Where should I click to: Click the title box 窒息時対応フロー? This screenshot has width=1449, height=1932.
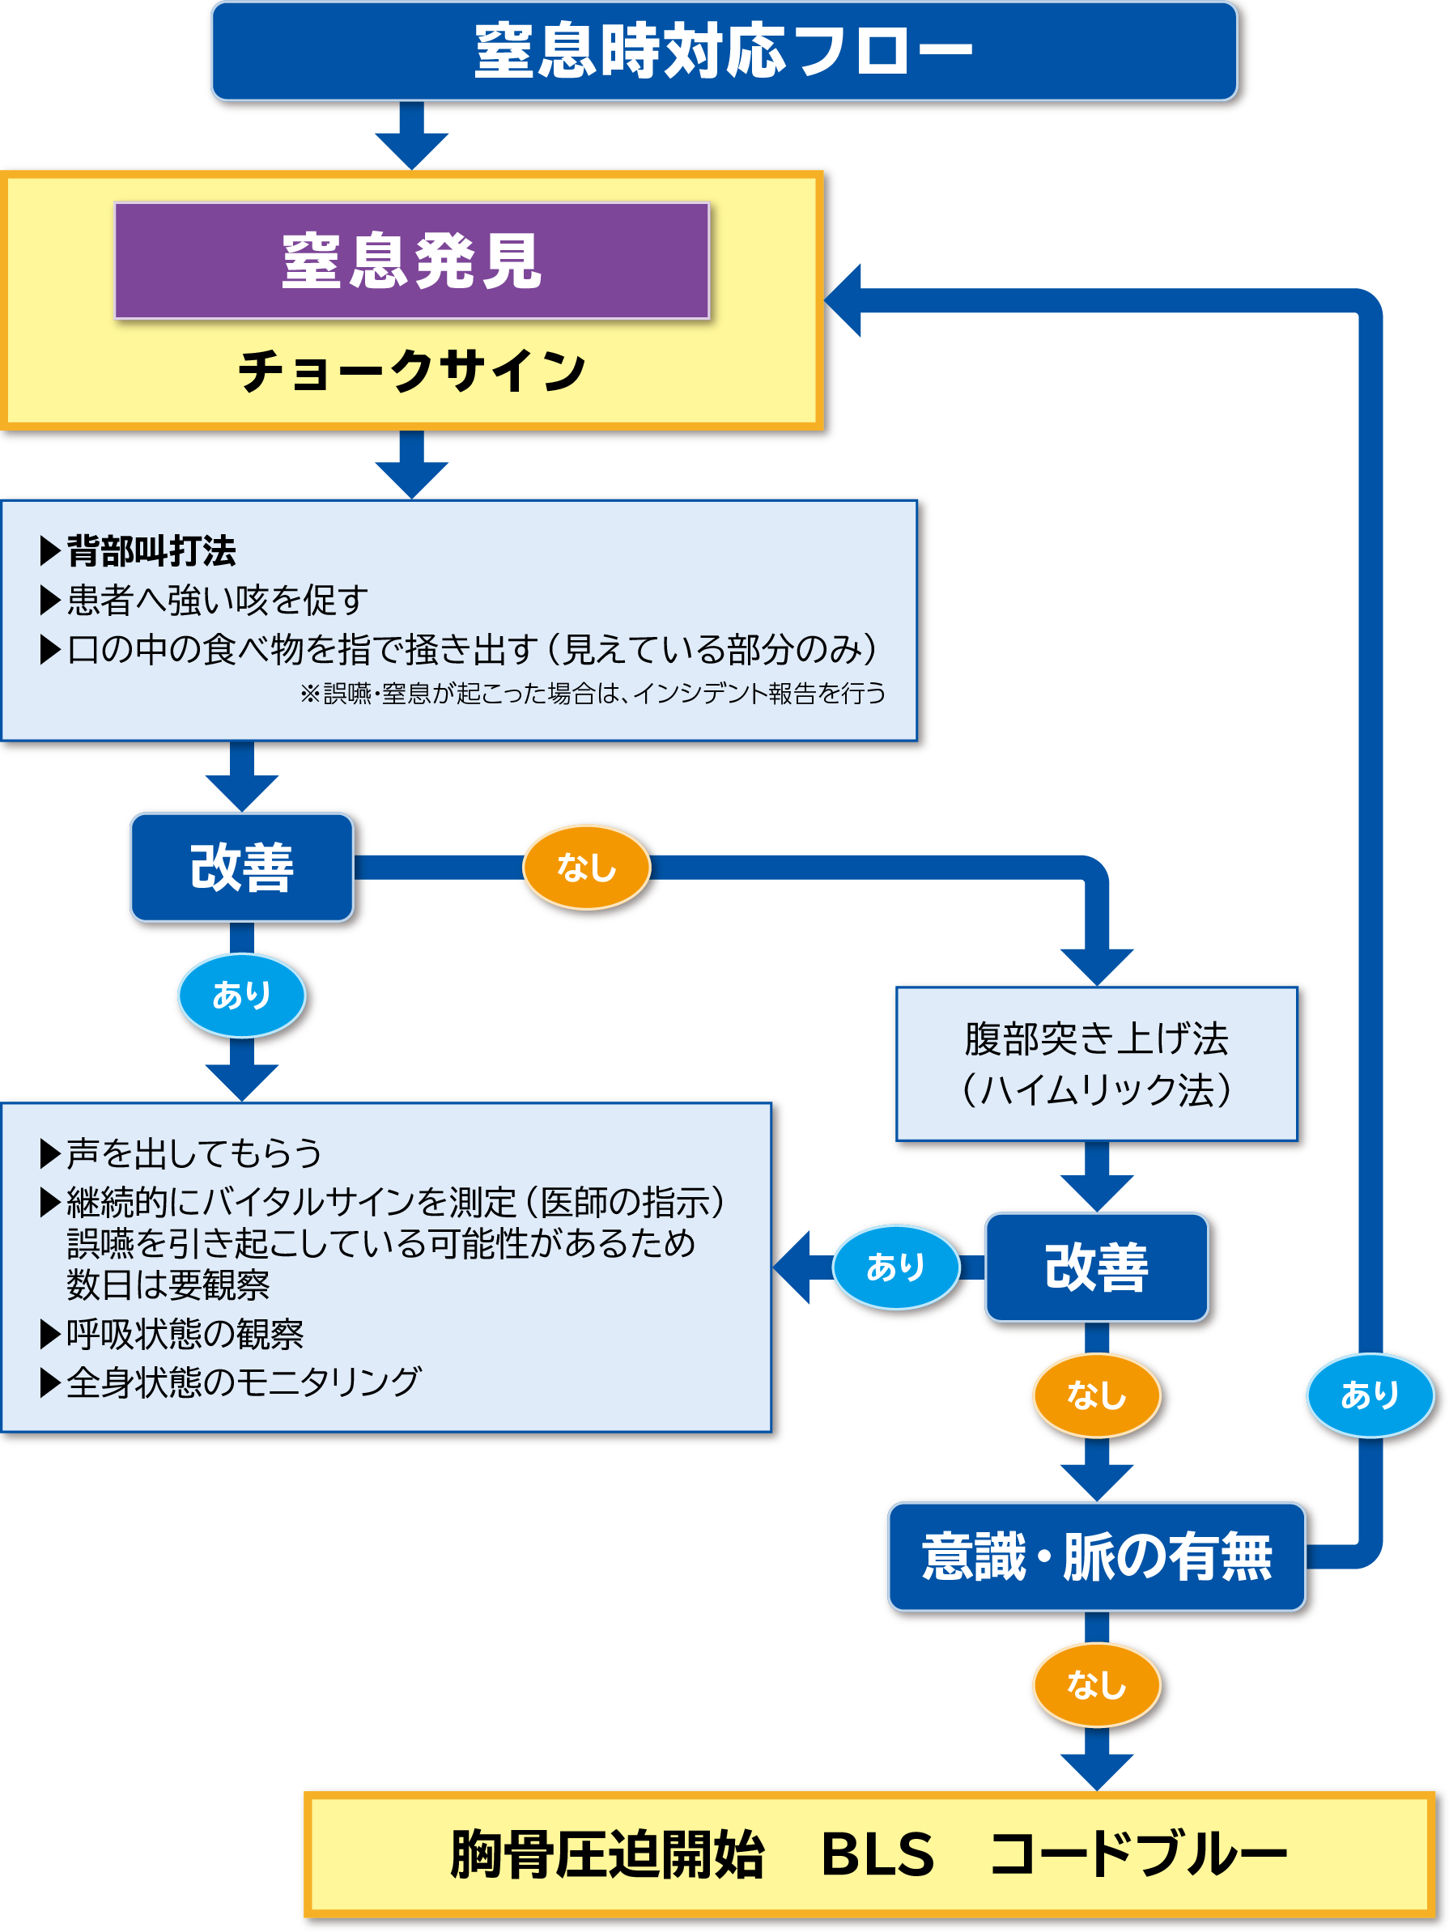pos(724,51)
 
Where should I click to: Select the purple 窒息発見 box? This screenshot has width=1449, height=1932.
pos(411,261)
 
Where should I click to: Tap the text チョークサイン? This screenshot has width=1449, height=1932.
pos(411,371)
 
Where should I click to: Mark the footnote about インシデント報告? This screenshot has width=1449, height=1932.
pos(593,694)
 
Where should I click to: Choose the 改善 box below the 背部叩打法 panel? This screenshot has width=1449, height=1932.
pos(242,868)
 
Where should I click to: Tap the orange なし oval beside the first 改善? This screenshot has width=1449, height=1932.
pos(586,868)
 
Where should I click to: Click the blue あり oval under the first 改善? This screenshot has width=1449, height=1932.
pos(242,995)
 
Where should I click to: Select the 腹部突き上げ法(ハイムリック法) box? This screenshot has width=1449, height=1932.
pos(1096,1064)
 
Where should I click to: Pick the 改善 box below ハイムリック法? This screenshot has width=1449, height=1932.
pos(1096,1267)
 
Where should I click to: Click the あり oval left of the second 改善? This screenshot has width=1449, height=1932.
pos(895,1267)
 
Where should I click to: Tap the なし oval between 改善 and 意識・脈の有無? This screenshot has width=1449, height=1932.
pos(1096,1395)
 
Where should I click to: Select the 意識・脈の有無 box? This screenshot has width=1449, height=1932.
pos(1096,1556)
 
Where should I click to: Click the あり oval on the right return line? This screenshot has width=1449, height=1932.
pos(1370,1395)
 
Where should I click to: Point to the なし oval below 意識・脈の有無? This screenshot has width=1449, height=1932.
pos(1096,1684)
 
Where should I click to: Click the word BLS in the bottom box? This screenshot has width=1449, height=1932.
pos(877,1853)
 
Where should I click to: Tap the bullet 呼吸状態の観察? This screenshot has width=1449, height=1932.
pos(185,1334)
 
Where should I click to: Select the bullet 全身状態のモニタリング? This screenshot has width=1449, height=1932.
pos(244,1382)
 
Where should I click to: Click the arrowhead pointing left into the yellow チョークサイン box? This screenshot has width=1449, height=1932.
pos(843,299)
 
